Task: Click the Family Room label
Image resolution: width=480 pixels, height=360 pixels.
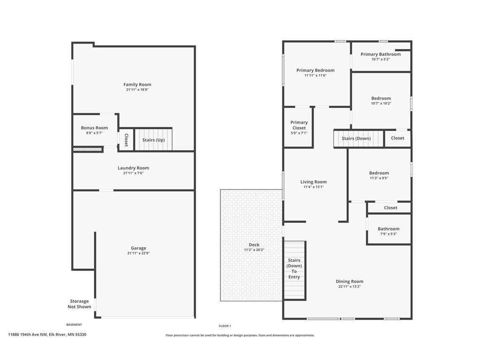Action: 137,84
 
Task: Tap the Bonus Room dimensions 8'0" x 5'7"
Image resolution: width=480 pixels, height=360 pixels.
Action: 94,133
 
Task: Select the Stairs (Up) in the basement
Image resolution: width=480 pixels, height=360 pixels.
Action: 153,140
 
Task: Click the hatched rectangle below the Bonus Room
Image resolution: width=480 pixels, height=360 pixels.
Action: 87,150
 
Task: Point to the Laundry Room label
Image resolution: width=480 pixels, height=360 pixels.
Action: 134,168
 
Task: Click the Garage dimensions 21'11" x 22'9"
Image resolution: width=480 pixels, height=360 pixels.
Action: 138,253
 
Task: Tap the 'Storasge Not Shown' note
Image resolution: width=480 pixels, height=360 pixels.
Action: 79,304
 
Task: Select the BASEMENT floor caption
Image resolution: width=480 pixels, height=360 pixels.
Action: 74,324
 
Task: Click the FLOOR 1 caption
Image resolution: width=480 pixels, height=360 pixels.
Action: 225,326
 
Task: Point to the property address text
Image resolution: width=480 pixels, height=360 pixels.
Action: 47,335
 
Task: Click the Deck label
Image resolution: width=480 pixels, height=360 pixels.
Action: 254,245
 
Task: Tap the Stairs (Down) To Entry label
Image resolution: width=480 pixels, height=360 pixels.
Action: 294,269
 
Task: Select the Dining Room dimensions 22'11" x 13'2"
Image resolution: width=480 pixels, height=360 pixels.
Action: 350,286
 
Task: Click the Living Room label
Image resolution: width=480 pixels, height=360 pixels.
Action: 314,182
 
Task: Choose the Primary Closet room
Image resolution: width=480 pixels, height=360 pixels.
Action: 299,127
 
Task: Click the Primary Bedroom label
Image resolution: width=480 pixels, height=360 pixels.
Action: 315,70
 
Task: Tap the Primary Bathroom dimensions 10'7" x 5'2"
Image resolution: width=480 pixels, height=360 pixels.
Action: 381,60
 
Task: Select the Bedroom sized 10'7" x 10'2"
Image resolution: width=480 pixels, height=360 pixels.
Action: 381,101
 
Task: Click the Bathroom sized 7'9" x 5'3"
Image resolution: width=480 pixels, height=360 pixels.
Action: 389,229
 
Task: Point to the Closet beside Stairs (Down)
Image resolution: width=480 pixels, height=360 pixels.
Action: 397,138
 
